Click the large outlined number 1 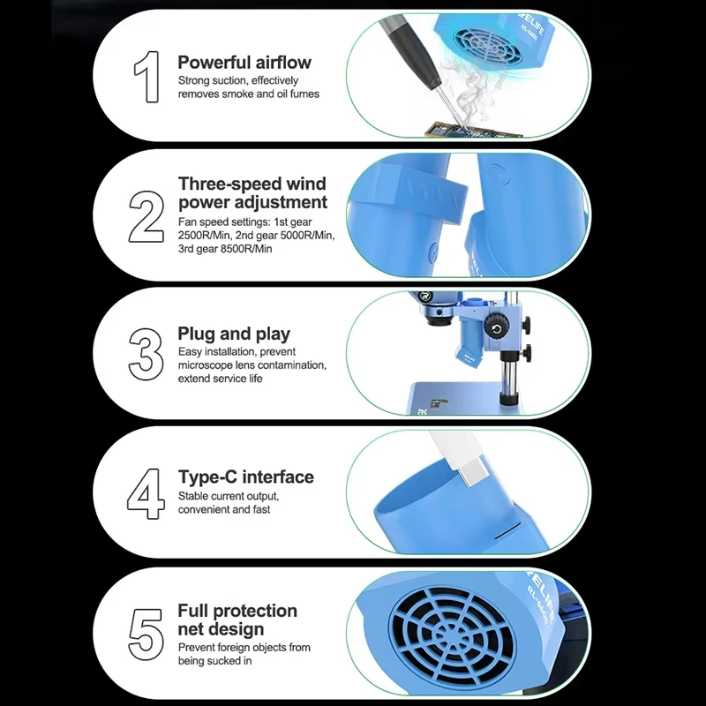(x=148, y=77)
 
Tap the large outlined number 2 (x=146, y=216)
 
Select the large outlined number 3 (x=146, y=354)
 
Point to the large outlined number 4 (x=146, y=494)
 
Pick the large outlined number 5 (x=146, y=635)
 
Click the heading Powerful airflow (x=244, y=62)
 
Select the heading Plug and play (x=234, y=334)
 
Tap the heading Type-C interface (x=246, y=477)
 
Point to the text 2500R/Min (x=205, y=235)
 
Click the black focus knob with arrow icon (x=497, y=327)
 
